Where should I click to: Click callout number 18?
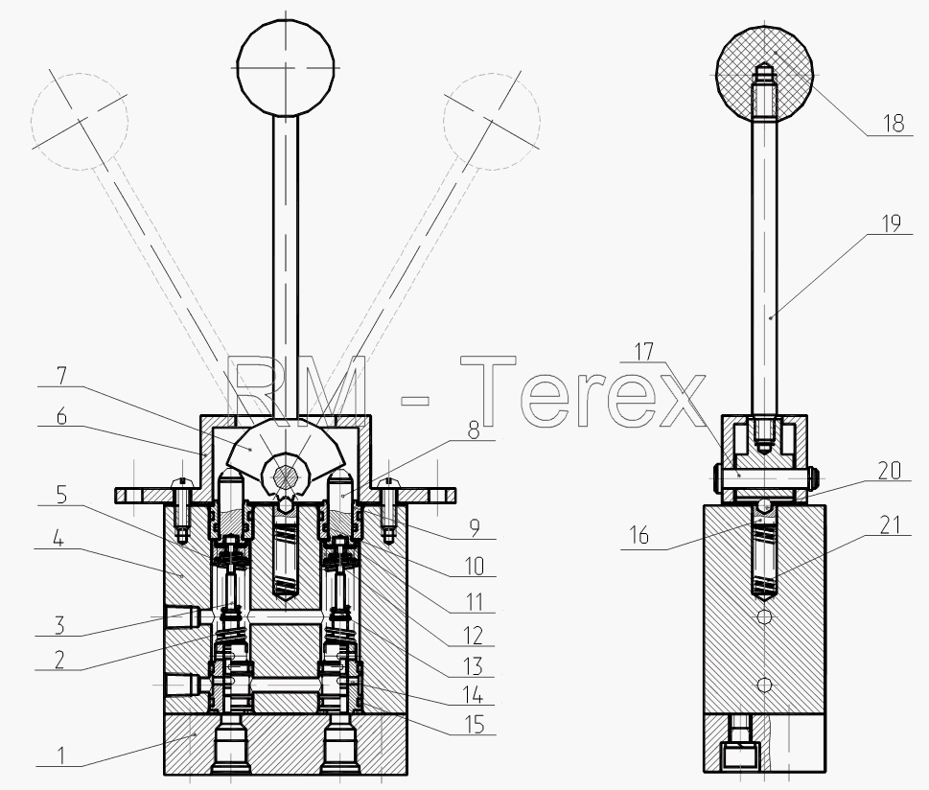(894, 124)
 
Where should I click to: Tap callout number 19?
(891, 223)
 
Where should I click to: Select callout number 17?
(644, 352)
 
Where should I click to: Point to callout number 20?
(890, 471)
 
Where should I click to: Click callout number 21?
(891, 525)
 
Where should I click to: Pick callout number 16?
(639, 535)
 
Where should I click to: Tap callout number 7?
(61, 375)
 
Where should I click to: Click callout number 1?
(60, 755)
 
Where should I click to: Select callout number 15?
(475, 724)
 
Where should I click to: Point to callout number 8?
(474, 430)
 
